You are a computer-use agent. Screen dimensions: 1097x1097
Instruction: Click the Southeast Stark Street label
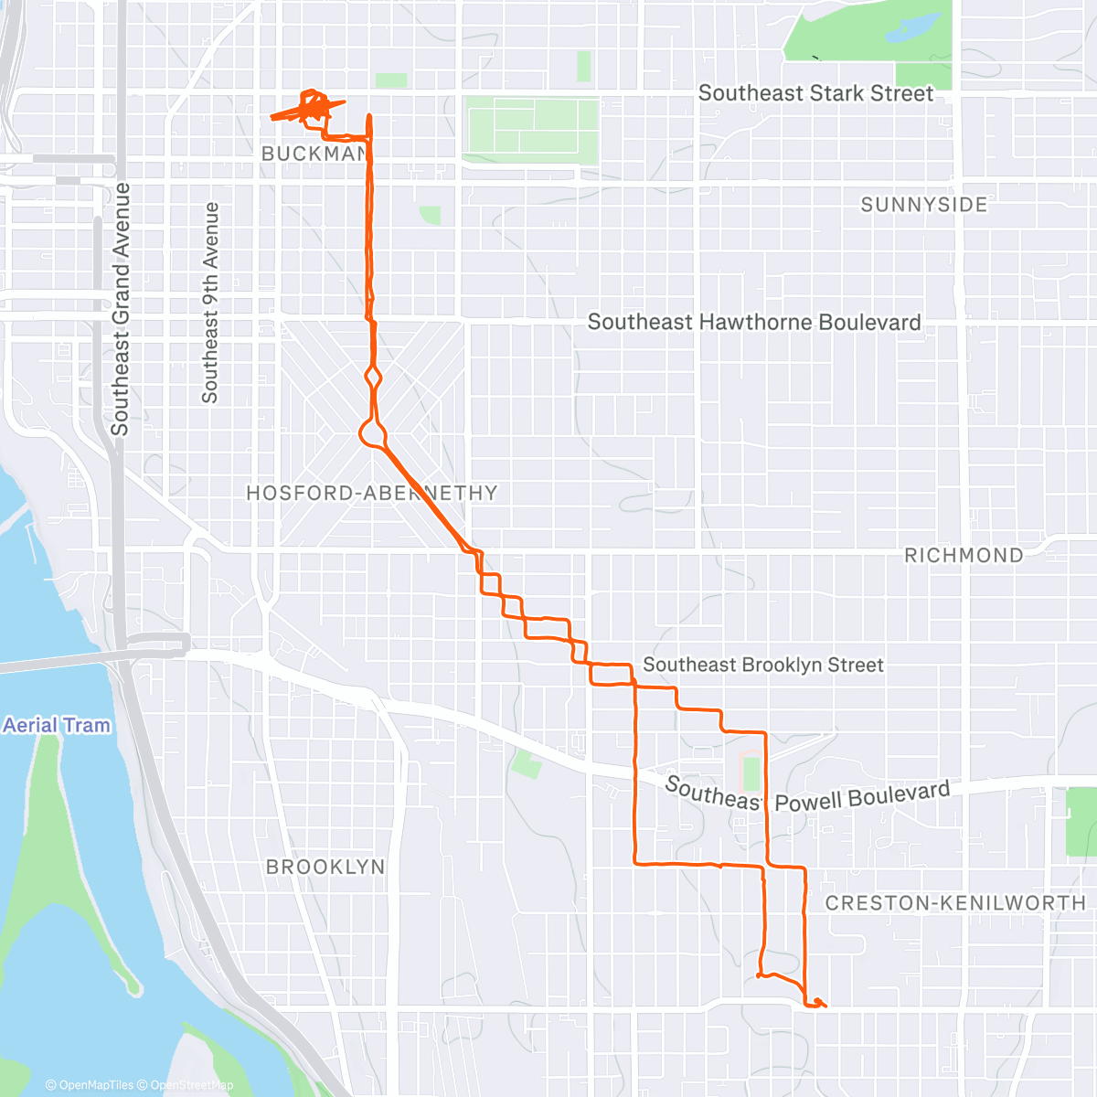[815, 93]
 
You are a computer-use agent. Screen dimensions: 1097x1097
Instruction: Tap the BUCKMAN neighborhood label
[314, 154]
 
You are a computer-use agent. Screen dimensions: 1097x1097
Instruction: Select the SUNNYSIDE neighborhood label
[923, 205]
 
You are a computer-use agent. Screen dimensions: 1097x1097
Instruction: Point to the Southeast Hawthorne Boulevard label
[753, 322]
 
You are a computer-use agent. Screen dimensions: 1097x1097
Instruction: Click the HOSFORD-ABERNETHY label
[371, 494]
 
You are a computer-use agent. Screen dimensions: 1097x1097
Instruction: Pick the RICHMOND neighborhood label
[964, 556]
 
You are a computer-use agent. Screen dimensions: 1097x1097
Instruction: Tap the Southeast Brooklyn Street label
[762, 665]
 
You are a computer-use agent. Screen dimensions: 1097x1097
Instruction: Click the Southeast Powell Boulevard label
[807, 794]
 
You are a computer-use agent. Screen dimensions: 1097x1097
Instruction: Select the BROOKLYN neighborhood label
[325, 867]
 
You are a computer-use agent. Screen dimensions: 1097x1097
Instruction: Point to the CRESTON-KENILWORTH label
[955, 903]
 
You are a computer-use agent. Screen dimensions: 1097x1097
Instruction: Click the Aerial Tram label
[57, 726]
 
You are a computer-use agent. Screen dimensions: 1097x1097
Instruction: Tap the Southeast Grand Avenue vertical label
[120, 309]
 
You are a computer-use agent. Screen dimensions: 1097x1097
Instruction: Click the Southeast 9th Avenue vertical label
[210, 303]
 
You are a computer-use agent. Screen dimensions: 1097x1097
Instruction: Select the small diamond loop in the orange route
[373, 376]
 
